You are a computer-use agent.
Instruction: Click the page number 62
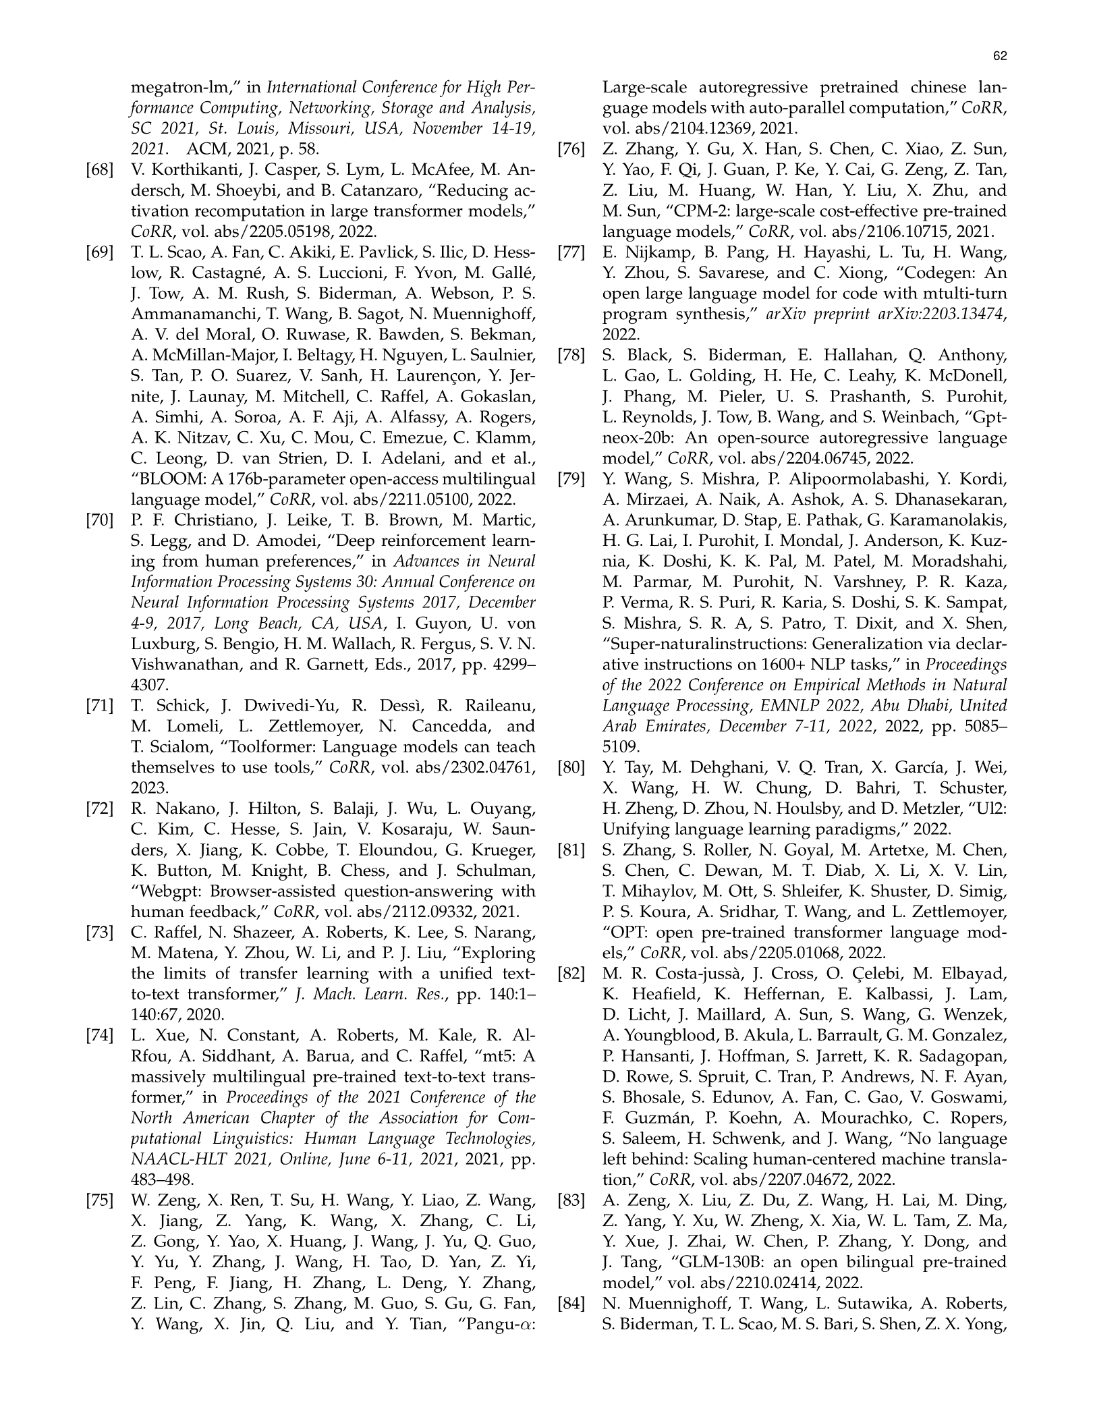click(x=1000, y=57)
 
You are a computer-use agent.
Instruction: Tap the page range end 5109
click(x=621, y=747)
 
